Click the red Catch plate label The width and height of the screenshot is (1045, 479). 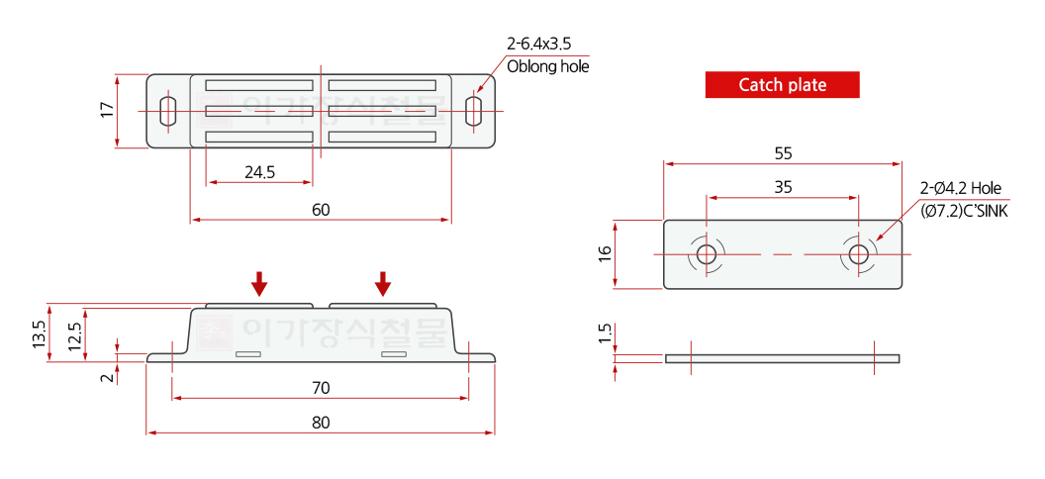[x=783, y=84]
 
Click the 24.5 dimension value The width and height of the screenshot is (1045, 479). [x=259, y=172]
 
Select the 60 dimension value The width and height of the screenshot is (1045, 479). [x=322, y=209]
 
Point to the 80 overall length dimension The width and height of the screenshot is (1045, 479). [x=322, y=423]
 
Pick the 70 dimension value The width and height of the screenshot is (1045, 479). [x=322, y=388]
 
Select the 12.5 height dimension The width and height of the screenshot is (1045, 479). [x=74, y=336]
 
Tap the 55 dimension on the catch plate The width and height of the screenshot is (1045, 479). [x=783, y=153]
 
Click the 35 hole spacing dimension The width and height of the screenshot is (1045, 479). [x=783, y=187]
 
